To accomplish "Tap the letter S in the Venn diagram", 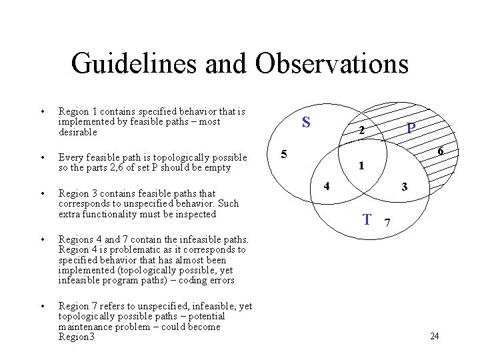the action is [306, 122].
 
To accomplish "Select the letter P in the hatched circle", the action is [412, 127].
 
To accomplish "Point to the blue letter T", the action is [367, 219].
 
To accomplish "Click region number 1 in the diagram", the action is [361, 165].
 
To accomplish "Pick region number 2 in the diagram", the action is [361, 131].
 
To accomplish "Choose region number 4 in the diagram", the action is [327, 185].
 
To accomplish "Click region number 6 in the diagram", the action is [441, 152].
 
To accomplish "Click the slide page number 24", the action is [434, 336].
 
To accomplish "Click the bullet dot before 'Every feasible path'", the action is [42, 158].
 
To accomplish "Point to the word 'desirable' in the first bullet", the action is [78, 132].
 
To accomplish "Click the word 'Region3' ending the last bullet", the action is [77, 337].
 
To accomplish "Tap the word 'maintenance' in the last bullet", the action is [87, 327].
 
